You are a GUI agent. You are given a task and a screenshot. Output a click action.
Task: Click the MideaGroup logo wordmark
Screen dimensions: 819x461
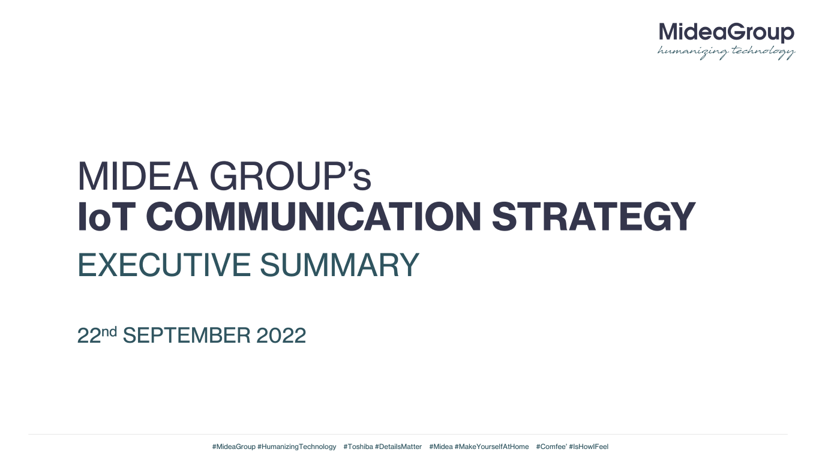727,33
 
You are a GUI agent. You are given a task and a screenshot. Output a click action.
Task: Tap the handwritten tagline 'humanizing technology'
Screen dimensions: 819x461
726,52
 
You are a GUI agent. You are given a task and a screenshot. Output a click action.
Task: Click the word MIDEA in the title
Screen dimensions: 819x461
137,176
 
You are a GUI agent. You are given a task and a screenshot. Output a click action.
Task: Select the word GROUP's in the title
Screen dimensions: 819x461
290,176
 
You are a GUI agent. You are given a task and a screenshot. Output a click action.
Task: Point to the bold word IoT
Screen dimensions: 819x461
104,217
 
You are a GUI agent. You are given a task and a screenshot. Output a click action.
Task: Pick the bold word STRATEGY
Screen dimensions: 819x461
593,217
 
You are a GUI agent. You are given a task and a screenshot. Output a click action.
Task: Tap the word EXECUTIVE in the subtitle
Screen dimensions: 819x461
164,265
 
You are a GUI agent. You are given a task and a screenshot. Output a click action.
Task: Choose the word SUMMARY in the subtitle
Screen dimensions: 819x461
340,265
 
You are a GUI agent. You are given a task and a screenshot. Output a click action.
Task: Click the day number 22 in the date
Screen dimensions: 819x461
89,336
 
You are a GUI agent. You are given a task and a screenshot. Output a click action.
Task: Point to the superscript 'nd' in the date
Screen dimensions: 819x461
109,331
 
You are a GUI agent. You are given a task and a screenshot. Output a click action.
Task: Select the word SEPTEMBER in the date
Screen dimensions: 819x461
187,336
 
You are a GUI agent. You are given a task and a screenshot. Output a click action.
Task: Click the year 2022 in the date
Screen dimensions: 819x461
281,336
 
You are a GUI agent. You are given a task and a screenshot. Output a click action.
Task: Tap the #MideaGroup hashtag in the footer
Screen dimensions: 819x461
233,447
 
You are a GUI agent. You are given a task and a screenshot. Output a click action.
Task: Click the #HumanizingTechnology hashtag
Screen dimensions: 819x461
297,447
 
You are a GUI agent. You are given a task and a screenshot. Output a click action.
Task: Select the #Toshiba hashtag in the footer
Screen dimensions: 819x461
358,447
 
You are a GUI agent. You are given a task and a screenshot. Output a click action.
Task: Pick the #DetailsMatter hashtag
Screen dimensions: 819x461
398,447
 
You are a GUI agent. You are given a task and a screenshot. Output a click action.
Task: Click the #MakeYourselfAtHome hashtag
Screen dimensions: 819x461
492,447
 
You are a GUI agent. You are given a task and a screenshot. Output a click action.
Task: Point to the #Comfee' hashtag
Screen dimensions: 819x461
552,447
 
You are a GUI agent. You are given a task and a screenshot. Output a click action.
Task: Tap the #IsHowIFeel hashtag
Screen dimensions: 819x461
589,447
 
